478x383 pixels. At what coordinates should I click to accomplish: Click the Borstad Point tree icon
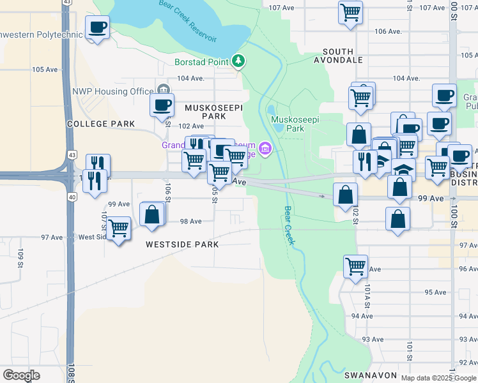(238, 61)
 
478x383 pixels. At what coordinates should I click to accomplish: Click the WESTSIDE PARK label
(181, 244)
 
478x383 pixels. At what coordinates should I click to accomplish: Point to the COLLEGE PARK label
(101, 124)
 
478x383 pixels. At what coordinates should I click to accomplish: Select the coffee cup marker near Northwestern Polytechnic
(97, 27)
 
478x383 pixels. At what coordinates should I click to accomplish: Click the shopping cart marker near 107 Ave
(350, 12)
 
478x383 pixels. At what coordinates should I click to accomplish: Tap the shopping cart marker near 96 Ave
(355, 266)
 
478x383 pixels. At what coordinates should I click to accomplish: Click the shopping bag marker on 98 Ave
(152, 214)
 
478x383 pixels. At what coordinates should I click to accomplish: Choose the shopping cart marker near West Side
(119, 228)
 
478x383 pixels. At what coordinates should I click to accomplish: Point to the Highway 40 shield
(72, 198)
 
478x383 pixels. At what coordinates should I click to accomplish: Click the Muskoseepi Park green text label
(295, 124)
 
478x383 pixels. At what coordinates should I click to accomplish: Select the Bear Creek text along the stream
(289, 225)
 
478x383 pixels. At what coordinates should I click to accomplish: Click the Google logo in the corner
(21, 375)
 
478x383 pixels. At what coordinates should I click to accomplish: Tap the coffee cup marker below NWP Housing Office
(162, 104)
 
